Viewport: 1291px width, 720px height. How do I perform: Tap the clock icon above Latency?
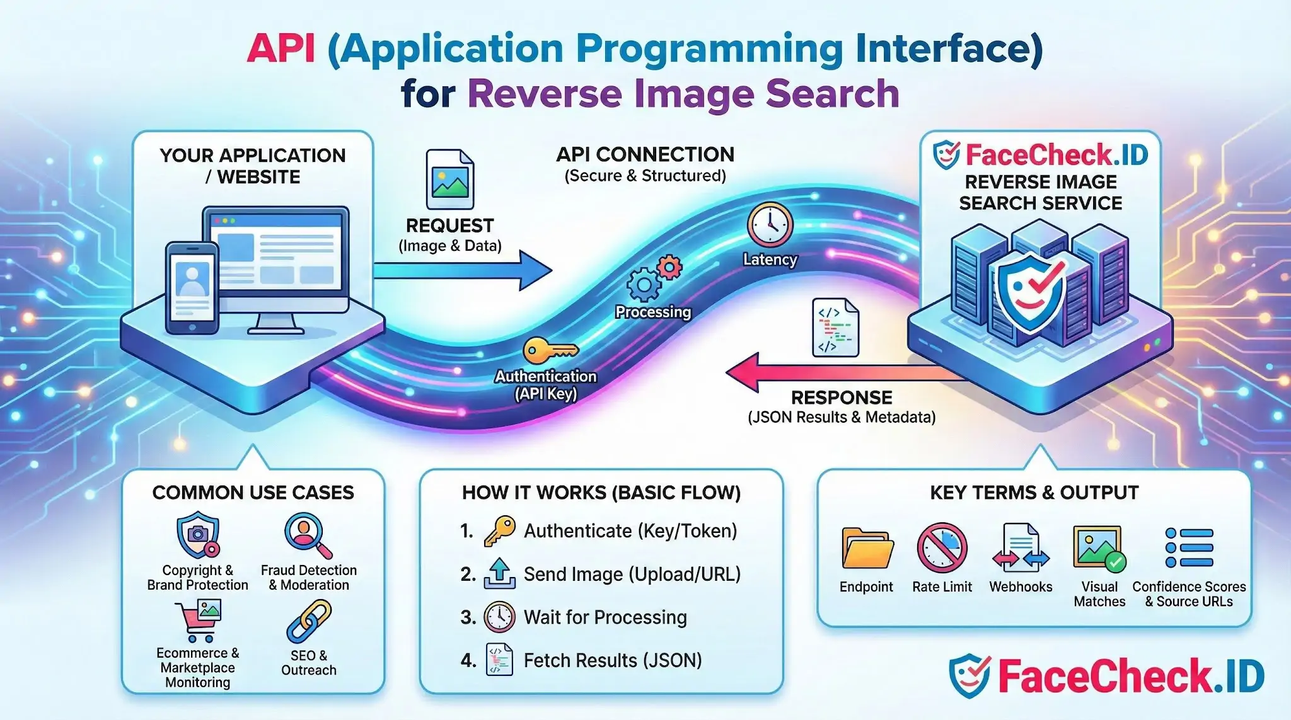(x=770, y=224)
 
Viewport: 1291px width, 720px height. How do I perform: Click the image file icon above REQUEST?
(x=449, y=180)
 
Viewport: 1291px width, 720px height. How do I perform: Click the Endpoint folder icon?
(x=867, y=548)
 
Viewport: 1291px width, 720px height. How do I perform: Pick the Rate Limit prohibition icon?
(x=942, y=547)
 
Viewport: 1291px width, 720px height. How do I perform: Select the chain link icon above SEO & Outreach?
(x=309, y=621)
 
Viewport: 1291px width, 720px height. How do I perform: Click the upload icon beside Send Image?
(x=499, y=573)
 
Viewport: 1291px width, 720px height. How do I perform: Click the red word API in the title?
(x=281, y=49)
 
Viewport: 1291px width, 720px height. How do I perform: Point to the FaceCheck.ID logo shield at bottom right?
(x=969, y=675)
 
